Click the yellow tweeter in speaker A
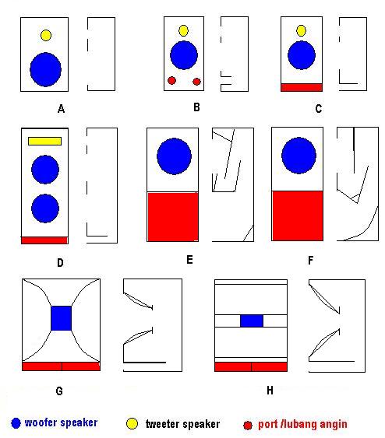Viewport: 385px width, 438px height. pyautogui.click(x=46, y=36)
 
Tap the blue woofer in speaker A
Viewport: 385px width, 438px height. pyautogui.click(x=46, y=69)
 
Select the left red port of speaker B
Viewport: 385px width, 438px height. pyautogui.click(x=171, y=81)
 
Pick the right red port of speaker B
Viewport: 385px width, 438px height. pyautogui.click(x=196, y=82)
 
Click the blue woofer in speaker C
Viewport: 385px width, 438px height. pyautogui.click(x=302, y=55)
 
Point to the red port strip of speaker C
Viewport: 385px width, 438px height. pyautogui.click(x=302, y=87)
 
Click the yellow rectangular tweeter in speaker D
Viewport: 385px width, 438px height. pyautogui.click(x=44, y=141)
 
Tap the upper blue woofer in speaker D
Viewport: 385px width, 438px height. pyautogui.click(x=45, y=170)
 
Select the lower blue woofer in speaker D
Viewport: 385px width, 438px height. pyautogui.click(x=45, y=208)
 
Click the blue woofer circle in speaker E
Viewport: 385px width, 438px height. pyautogui.click(x=174, y=156)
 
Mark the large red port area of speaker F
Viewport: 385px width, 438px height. pyautogui.click(x=298, y=215)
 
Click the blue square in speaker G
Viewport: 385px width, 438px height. pyautogui.click(x=62, y=318)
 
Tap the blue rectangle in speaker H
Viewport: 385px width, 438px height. pyautogui.click(x=252, y=321)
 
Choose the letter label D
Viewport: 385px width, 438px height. pyautogui.click(x=60, y=263)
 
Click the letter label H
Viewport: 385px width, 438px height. pyautogui.click(x=270, y=391)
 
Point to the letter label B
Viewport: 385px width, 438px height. pyautogui.click(x=196, y=107)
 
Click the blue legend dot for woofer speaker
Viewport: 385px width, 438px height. pyautogui.click(x=16, y=423)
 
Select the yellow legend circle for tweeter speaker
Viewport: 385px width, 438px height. pyautogui.click(x=132, y=423)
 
